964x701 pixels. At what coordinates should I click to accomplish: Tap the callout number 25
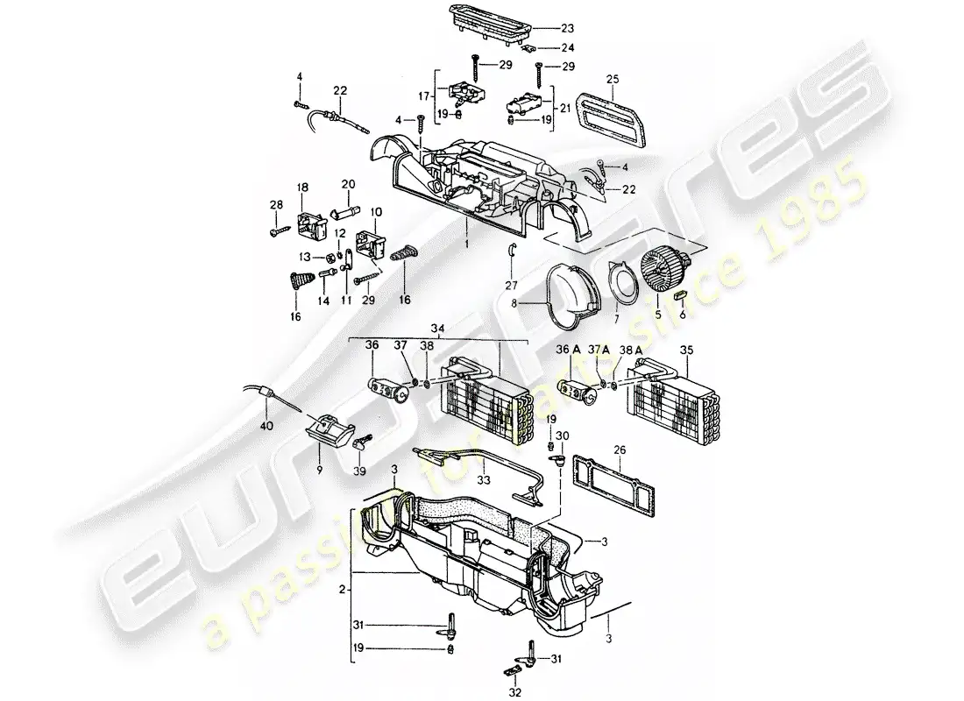612,81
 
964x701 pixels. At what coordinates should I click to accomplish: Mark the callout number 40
267,426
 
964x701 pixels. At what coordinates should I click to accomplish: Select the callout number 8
515,304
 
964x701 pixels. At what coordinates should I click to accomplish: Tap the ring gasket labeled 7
625,286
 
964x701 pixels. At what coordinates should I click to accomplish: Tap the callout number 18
302,188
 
